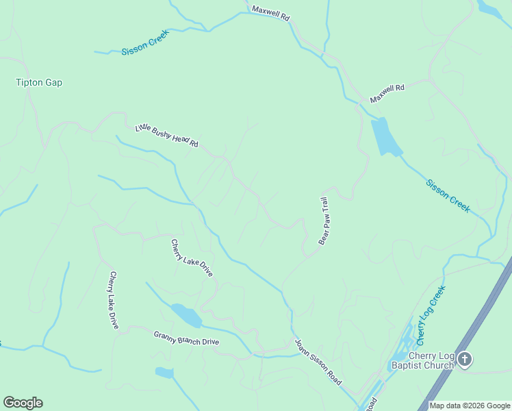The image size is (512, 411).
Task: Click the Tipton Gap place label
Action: pos(39,83)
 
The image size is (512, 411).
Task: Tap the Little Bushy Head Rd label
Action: pos(166,135)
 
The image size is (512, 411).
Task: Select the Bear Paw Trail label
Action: pos(324,221)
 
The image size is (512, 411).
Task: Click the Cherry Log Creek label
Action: pos(431,315)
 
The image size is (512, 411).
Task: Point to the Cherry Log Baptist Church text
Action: pos(422,360)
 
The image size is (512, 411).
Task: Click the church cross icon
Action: pos(465,359)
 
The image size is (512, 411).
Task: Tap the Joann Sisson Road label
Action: pos(318,362)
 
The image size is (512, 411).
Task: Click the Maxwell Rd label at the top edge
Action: pos(270,13)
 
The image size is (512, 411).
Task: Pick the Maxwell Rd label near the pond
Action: pos(387,94)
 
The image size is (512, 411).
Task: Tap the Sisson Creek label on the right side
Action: pos(448,196)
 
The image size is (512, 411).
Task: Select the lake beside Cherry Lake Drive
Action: pos(187,316)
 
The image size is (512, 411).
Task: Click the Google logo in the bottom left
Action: pos(23,403)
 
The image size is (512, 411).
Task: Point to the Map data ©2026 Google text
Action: pos(470,406)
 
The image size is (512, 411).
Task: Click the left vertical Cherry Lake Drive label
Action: pos(114,300)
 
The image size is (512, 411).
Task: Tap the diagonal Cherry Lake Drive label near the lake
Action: pos(192,258)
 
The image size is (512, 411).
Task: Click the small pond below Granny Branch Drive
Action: pos(164,373)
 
